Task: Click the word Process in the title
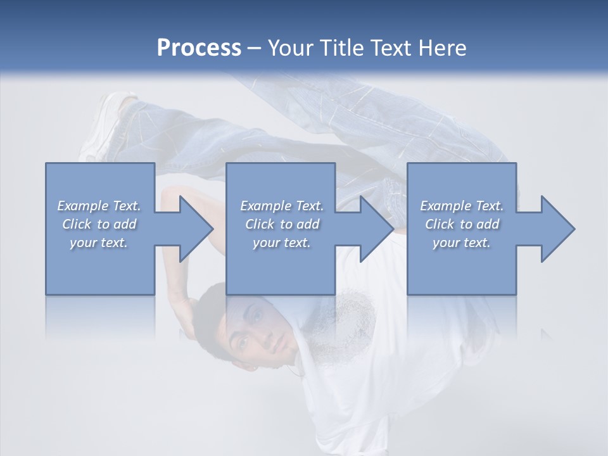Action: pos(199,48)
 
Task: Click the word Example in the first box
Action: pos(83,206)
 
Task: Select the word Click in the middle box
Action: pos(259,224)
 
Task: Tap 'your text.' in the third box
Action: pos(462,243)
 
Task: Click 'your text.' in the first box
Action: pos(99,243)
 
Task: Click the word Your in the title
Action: pos(289,48)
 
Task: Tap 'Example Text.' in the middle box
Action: pos(282,206)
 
